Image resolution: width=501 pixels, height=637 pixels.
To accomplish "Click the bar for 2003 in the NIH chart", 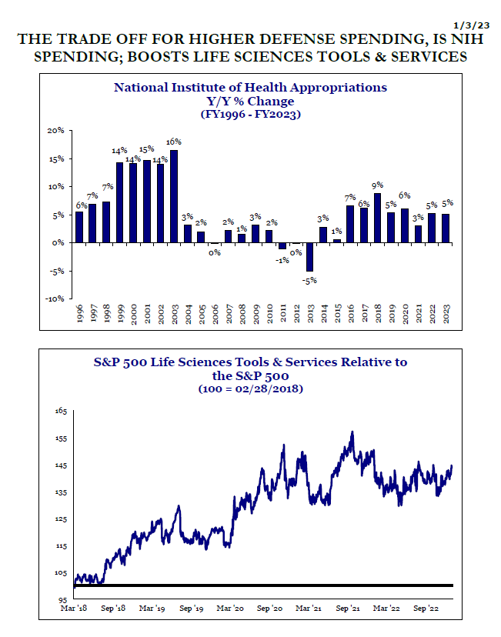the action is (x=173, y=197).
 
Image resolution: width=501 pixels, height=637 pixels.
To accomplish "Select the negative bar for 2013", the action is (x=309, y=257).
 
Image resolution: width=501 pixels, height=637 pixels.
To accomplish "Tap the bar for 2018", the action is (x=377, y=218).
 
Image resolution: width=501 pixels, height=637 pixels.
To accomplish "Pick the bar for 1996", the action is (x=79, y=228).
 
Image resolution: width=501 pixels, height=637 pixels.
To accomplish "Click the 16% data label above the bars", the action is (x=173, y=142).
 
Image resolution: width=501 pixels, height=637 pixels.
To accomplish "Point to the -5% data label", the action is (x=309, y=280).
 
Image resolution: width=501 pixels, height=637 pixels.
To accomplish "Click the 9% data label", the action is (x=377, y=185).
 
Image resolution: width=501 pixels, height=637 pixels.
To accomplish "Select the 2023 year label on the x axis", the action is (x=446, y=314).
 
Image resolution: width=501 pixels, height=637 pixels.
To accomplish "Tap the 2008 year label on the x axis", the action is (x=242, y=314).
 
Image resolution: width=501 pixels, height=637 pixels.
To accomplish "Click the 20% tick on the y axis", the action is (x=55, y=131).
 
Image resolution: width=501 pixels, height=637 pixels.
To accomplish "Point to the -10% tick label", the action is (x=55, y=298).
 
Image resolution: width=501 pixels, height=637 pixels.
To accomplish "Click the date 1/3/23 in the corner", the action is (x=471, y=25).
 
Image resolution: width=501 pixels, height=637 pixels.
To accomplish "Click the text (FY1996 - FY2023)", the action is (x=251, y=114).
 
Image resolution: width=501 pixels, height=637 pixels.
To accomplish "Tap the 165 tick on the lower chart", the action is (x=61, y=411).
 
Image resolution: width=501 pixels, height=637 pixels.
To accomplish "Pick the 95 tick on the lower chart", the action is (x=62, y=599).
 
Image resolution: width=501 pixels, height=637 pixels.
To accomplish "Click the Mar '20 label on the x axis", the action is (x=230, y=609).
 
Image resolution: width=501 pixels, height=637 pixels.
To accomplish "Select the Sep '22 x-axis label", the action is (x=426, y=609).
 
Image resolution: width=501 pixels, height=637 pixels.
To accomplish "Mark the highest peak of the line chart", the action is (x=352, y=432).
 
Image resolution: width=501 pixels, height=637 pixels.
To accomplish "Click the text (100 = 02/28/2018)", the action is (x=251, y=389).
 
